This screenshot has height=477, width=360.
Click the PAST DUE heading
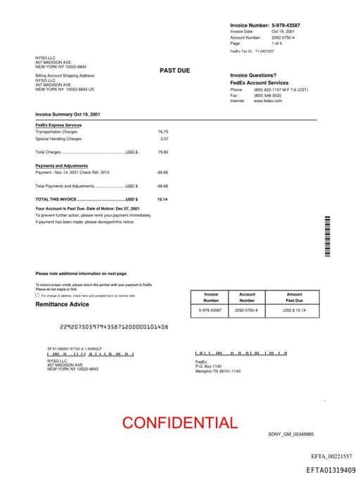click(174, 70)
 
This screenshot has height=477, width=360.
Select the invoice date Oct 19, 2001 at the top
click(283, 32)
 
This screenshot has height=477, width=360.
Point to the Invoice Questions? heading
click(253, 75)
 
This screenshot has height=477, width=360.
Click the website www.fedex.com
click(268, 101)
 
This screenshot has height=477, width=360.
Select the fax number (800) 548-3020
click(268, 95)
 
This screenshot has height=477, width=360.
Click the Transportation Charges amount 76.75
click(163, 132)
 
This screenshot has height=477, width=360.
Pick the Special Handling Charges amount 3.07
click(165, 139)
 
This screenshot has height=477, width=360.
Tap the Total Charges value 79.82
click(163, 152)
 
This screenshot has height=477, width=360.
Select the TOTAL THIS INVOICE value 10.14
click(162, 199)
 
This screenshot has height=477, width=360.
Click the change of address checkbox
click(37, 295)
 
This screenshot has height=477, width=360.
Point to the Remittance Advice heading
click(63, 304)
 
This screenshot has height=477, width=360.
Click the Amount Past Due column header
click(294, 297)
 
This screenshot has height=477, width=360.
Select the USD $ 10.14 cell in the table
click(294, 310)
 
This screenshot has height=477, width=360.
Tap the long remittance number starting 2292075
click(114, 327)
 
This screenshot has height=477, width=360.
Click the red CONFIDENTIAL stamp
click(180, 423)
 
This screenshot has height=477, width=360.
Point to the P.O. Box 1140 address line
click(208, 367)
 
